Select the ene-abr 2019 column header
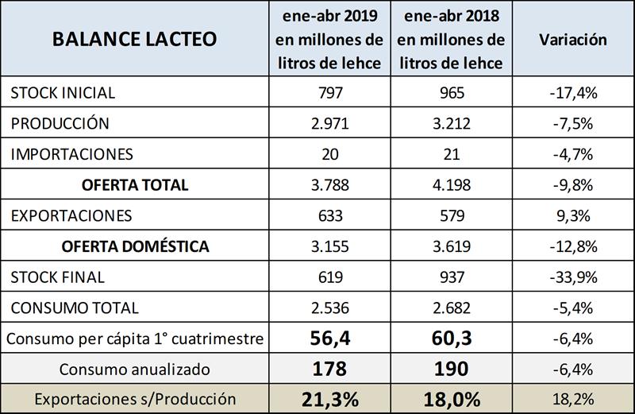point(328,39)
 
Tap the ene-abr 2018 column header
point(450,39)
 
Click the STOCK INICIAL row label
point(63,93)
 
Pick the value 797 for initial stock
point(328,93)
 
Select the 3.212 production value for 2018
point(450,124)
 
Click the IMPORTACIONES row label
point(72,154)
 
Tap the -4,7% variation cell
point(572,154)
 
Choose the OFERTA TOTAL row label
point(135,185)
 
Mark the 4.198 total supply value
point(450,185)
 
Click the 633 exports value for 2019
point(328,215)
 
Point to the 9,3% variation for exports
point(572,215)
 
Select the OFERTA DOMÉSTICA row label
point(135,246)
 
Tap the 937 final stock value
point(450,277)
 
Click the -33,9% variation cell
point(572,277)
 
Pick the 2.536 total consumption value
point(328,308)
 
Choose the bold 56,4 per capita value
point(328,339)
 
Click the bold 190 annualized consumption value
point(450,369)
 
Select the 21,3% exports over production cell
point(328,399)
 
